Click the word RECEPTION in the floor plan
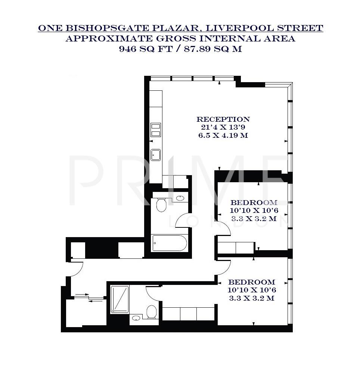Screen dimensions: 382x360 (223, 119)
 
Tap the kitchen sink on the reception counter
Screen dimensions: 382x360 (156, 155)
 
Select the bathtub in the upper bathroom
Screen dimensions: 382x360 (170, 243)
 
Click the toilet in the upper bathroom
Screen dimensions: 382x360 (161, 205)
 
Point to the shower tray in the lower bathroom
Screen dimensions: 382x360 (120, 299)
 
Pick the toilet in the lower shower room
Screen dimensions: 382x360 (152, 312)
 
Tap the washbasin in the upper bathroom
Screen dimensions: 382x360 (180, 198)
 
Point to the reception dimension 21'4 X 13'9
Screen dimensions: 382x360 (223, 127)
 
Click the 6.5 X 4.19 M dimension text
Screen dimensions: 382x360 (223, 136)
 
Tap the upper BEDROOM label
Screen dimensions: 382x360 (254, 203)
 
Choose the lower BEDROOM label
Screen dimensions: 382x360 (252, 282)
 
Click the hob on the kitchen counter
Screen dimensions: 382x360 (156, 130)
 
